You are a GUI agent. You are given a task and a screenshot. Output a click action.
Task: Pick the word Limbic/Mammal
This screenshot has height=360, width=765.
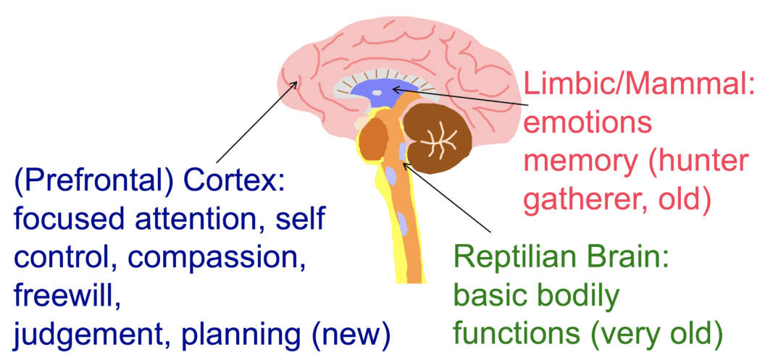(x=637, y=89)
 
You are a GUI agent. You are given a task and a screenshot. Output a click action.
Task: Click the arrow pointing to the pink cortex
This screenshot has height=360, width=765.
(x=254, y=123)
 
